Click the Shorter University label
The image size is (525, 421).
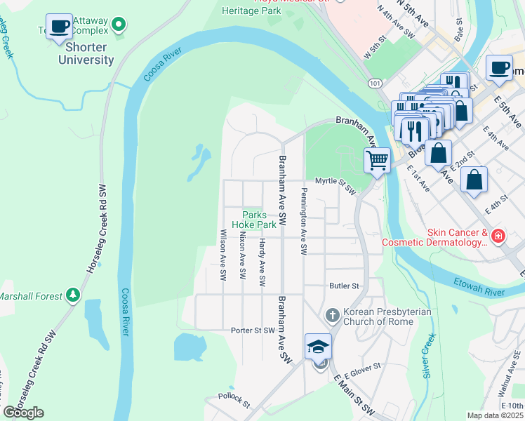tap(89, 53)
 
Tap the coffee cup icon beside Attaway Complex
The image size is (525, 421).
tap(60, 27)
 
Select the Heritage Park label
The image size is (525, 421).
tap(251, 11)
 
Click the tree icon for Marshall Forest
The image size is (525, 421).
tap(73, 296)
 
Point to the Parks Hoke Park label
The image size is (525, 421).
tap(259, 220)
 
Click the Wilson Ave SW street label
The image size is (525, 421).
tap(223, 255)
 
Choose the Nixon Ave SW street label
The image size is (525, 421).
tap(242, 255)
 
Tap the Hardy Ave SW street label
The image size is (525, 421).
tap(262, 263)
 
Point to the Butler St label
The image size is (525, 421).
tap(344, 286)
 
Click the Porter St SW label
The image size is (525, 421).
tap(253, 330)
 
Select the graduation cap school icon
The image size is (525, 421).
tap(318, 347)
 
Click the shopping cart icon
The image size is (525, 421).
tap(377, 161)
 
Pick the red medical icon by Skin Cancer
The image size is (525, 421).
tap(498, 236)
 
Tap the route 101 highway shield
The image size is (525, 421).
tap(376, 83)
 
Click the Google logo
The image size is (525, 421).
tap(23, 413)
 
